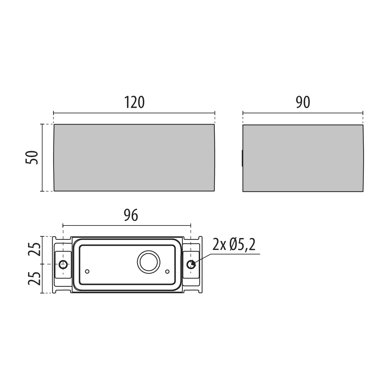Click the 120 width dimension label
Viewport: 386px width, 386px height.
(134, 102)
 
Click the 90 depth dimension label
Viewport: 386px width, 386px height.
(303, 102)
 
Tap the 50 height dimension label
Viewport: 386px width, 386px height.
(32, 157)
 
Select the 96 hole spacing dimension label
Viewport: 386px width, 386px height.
(131, 215)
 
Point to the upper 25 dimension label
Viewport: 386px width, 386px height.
(34, 249)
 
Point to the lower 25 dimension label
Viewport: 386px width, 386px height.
(34, 279)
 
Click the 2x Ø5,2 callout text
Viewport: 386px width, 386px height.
(234, 244)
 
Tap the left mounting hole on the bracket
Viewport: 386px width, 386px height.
(63, 265)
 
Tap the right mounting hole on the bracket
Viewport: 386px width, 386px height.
(191, 265)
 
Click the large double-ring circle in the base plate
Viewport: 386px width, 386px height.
(149, 262)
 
